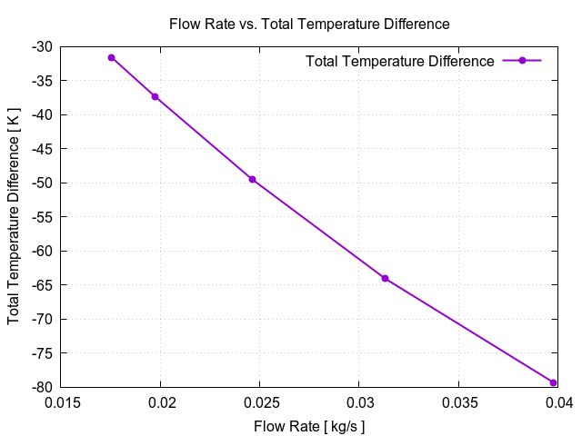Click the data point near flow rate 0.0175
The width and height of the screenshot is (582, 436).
pyautogui.click(x=112, y=57)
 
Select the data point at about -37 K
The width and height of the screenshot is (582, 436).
pyautogui.click(x=155, y=96)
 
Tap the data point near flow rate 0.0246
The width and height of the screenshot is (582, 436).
pyautogui.click(x=252, y=179)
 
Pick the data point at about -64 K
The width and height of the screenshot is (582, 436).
pyautogui.click(x=385, y=278)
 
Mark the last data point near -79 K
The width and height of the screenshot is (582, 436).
pyautogui.click(x=553, y=382)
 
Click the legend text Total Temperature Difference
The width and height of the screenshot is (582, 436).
pyautogui.click(x=400, y=61)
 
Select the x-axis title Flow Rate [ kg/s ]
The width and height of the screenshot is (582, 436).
pyautogui.click(x=309, y=425)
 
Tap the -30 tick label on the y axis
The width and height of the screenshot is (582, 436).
pyautogui.click(x=41, y=46)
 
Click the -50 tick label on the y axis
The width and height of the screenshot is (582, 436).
pyautogui.click(x=41, y=183)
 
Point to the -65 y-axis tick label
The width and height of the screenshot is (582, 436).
pyautogui.click(x=41, y=285)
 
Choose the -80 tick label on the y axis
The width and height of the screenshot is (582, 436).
pyautogui.click(x=41, y=387)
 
